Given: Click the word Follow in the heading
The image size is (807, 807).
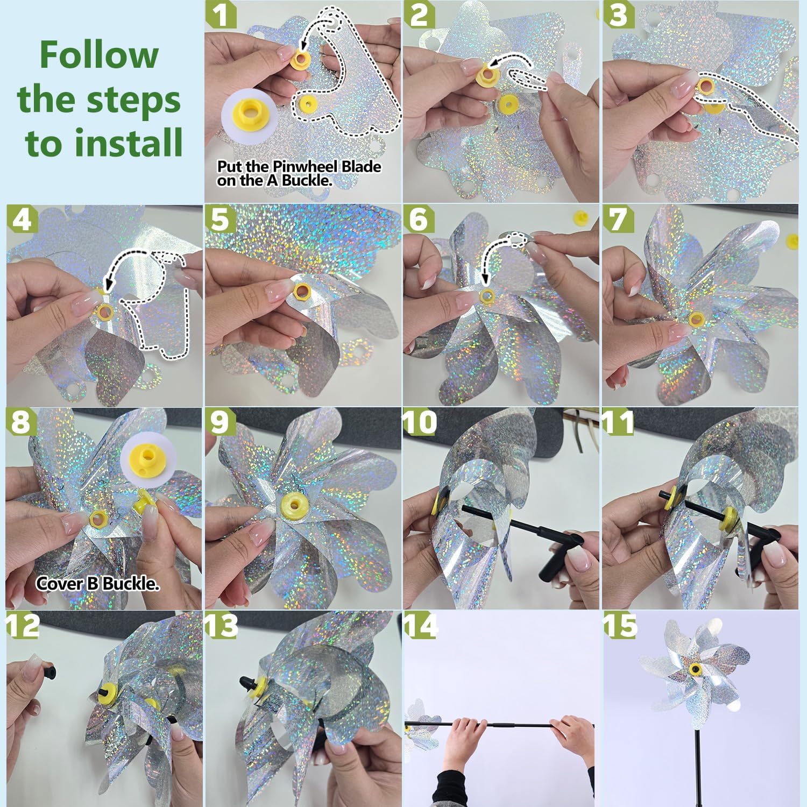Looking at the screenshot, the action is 99,55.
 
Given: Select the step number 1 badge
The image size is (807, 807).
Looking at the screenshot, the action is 221,15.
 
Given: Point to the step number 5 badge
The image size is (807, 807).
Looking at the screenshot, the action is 220,219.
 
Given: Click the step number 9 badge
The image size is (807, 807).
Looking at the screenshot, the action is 220,422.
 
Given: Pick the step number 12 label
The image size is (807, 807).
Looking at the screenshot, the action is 23,626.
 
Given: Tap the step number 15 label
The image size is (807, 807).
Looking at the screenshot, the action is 620,626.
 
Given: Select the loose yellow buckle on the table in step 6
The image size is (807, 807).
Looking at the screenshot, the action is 579,218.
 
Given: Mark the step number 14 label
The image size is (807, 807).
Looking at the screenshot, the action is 421,626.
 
